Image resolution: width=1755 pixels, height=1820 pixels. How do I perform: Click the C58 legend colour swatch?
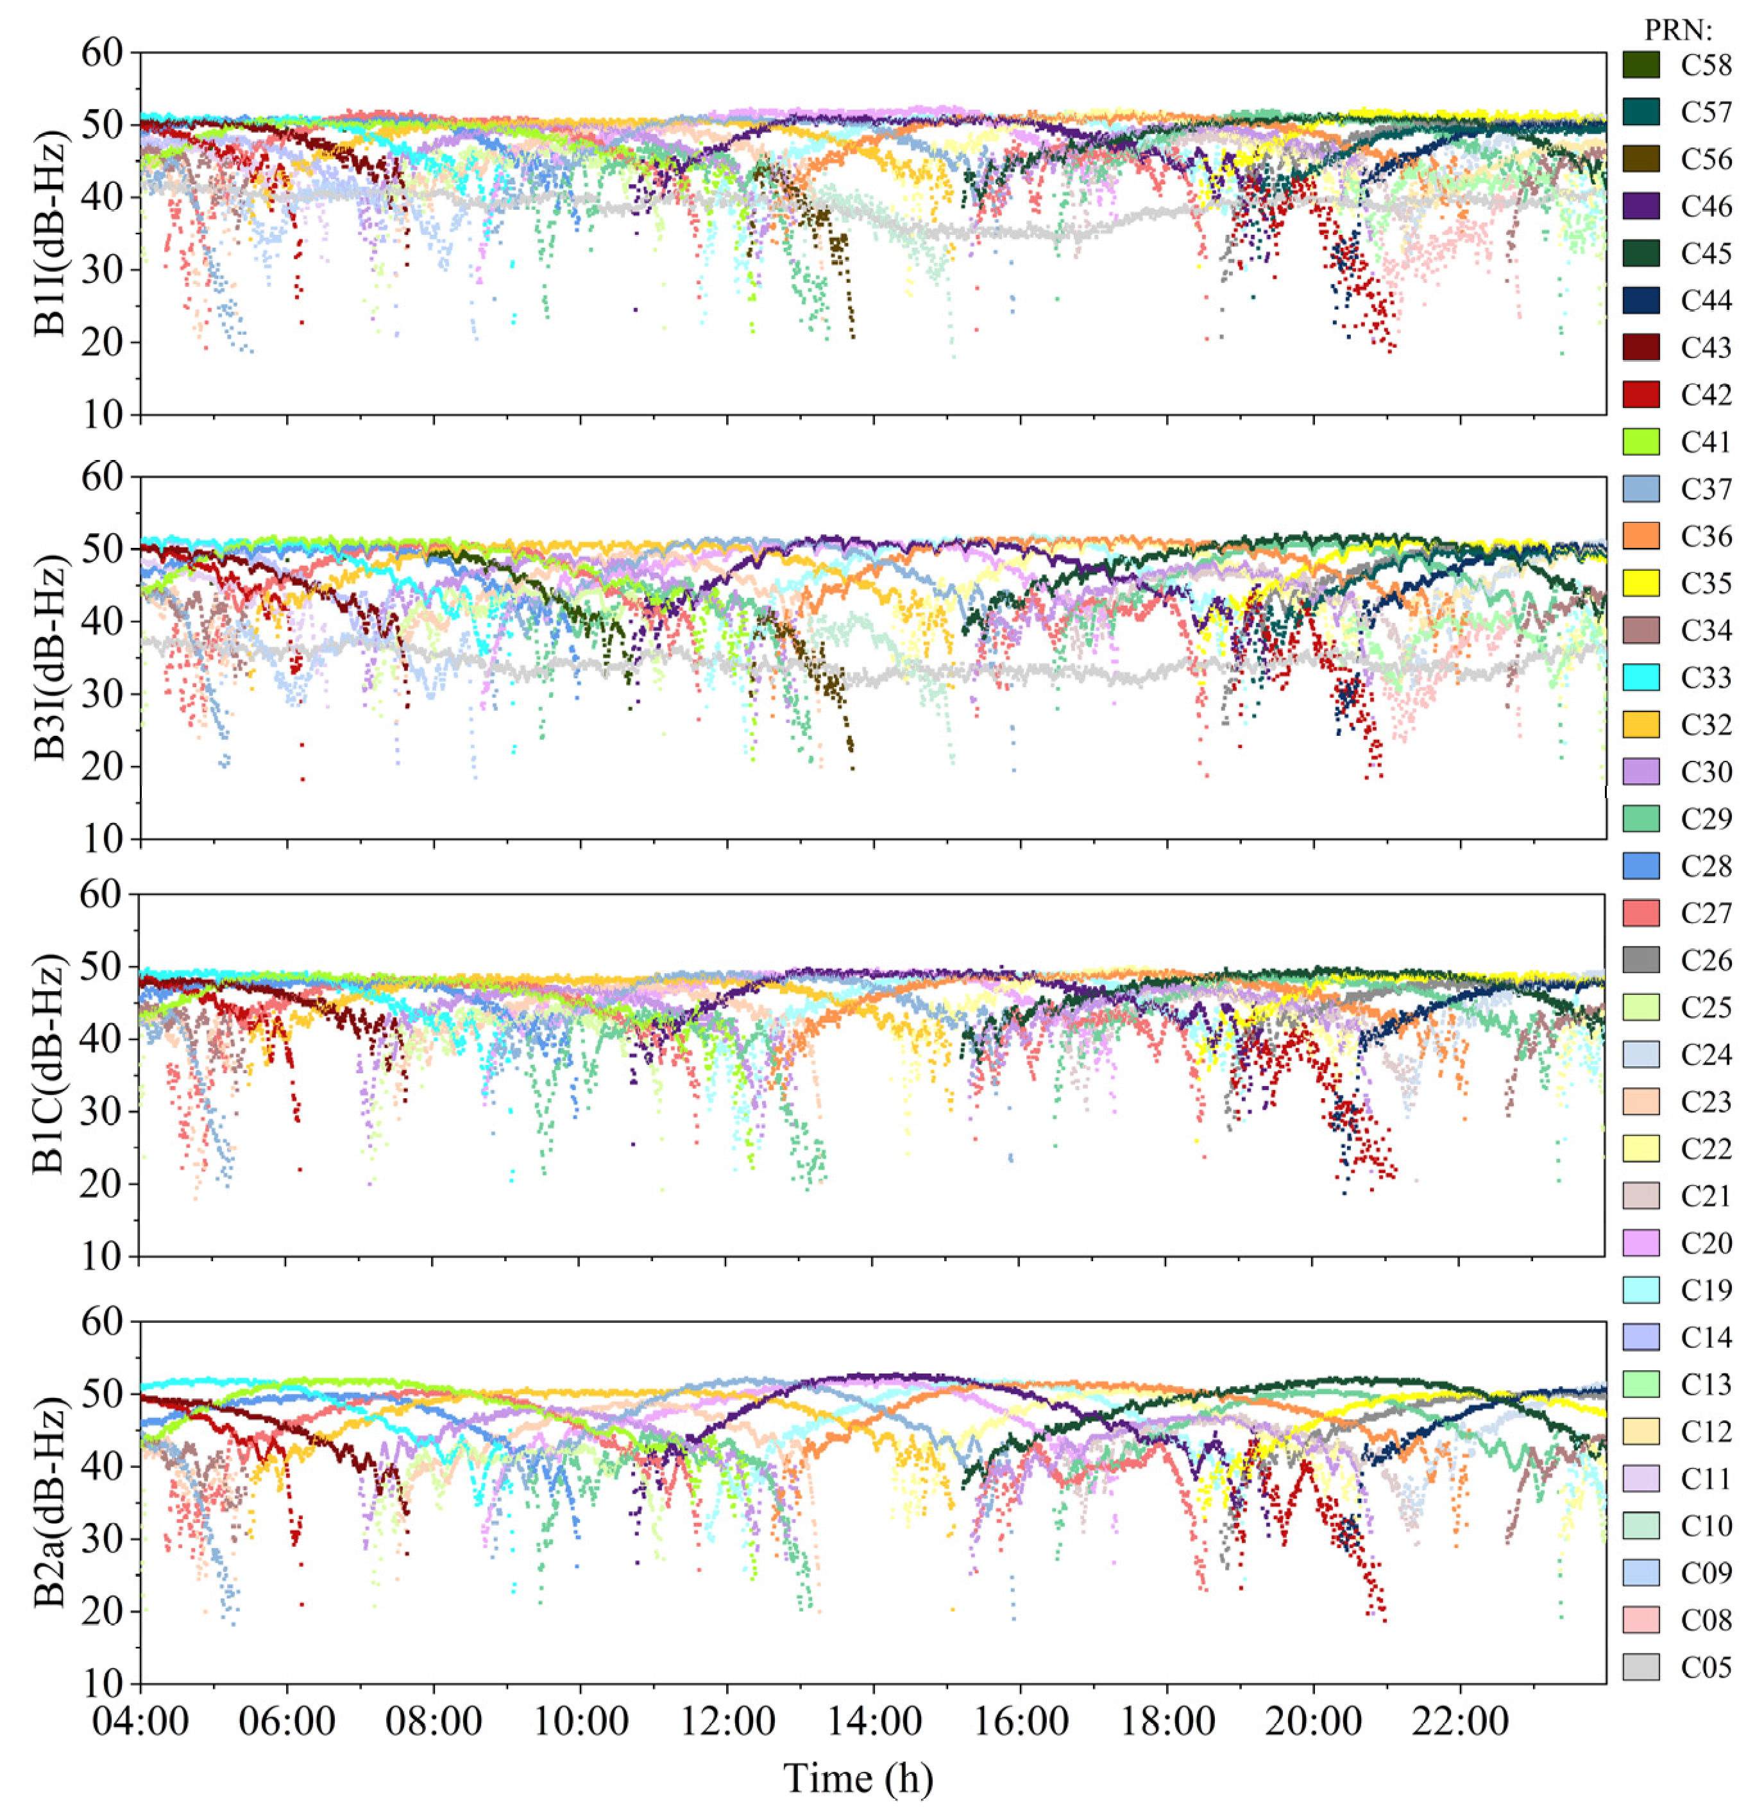[1641, 65]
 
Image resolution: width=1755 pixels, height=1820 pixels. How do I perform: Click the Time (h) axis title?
[858, 1778]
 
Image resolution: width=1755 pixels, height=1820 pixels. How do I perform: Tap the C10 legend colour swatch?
[1641, 1526]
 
